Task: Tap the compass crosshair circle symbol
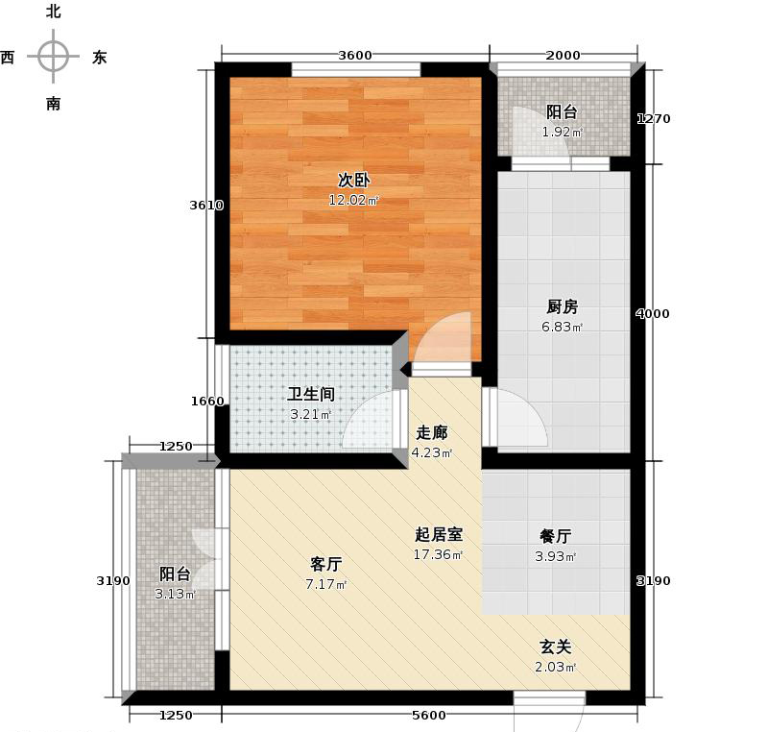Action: [53, 56]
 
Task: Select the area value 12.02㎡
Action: [354, 200]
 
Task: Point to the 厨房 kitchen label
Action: [563, 307]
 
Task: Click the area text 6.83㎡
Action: [563, 327]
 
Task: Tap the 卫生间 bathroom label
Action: [310, 394]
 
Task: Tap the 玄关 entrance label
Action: [556, 648]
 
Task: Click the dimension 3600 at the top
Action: [354, 55]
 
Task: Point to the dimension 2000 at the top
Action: [564, 55]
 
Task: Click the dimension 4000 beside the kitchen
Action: [653, 314]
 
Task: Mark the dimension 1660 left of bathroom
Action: [206, 402]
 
